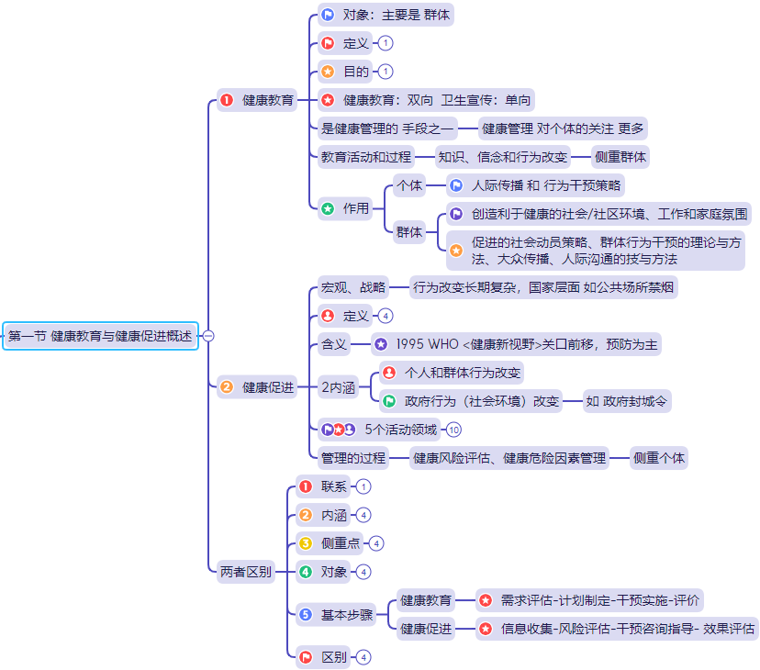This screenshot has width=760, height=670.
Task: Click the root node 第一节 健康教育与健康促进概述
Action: click(x=100, y=336)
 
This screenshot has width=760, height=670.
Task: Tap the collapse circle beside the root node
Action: click(x=208, y=336)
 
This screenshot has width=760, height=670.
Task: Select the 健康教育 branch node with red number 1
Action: click(x=258, y=100)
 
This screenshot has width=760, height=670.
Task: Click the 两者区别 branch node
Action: click(x=246, y=572)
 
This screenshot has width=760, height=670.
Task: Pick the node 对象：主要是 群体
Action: click(x=385, y=15)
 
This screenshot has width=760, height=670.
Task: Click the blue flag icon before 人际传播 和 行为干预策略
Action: click(x=456, y=185)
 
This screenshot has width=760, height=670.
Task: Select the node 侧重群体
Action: click(x=620, y=157)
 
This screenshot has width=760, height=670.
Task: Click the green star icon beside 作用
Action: click(x=328, y=208)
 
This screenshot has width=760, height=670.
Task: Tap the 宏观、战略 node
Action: click(x=353, y=287)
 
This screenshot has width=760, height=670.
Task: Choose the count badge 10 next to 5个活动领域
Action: click(x=453, y=430)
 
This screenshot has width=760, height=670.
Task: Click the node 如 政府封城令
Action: click(x=627, y=401)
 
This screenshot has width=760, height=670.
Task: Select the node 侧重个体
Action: click(x=658, y=458)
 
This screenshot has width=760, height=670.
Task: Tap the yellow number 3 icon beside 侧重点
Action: click(x=307, y=543)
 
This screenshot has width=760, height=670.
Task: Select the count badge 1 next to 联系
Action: click(x=364, y=486)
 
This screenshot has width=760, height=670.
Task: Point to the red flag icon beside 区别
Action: click(x=307, y=657)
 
